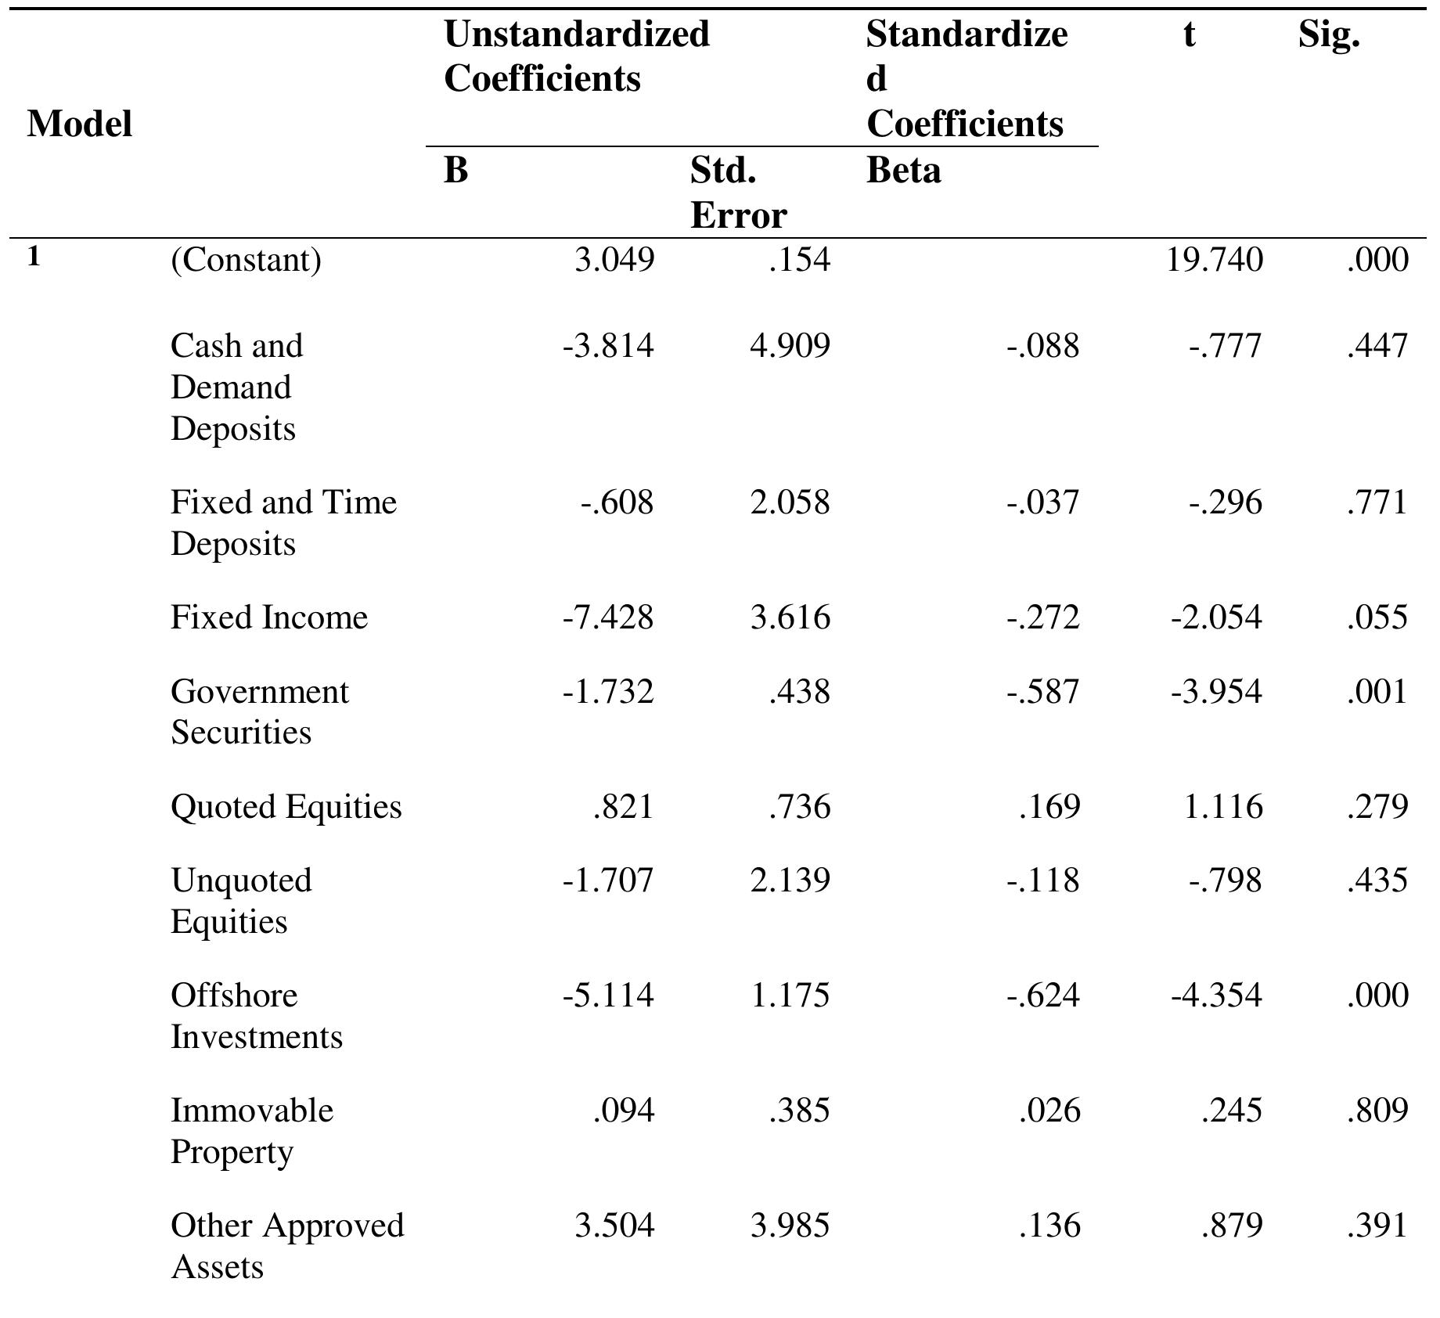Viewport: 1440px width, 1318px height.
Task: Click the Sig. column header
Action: coord(1328,35)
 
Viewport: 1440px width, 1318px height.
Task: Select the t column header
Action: coord(1189,35)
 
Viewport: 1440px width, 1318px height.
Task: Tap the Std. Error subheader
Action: coord(737,193)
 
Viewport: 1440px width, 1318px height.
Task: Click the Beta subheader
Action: coord(903,170)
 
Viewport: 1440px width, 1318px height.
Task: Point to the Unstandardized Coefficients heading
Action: coord(576,56)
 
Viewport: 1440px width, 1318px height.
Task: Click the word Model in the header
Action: coord(79,124)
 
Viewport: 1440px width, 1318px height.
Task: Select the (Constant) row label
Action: coord(246,260)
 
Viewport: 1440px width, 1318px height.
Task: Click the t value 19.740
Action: coord(1214,260)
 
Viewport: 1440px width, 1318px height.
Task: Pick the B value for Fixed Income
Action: coord(608,618)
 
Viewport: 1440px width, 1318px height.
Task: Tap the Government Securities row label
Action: coord(259,711)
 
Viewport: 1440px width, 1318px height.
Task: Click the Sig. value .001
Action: coord(1377,692)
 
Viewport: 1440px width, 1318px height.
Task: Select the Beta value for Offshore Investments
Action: coord(1043,996)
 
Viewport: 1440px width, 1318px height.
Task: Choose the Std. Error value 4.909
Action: coord(790,346)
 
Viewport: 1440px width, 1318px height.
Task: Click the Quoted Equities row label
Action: coord(286,807)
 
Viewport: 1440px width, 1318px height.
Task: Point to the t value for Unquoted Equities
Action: coord(1225,880)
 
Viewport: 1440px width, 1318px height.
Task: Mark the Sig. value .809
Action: coord(1377,1111)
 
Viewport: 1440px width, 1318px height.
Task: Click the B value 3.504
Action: coord(614,1226)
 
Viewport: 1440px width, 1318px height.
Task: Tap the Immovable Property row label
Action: coord(251,1131)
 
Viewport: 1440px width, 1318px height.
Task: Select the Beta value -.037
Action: coord(1043,502)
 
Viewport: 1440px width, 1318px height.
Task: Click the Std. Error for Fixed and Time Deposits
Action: coord(790,502)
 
